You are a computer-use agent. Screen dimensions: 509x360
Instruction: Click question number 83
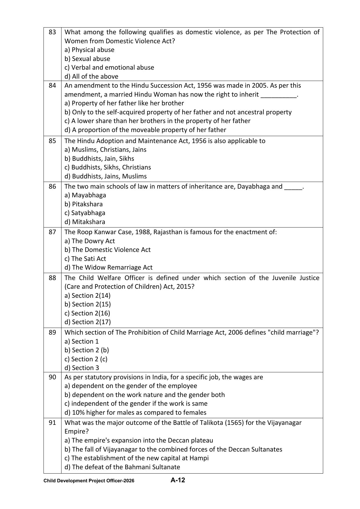click(52, 32)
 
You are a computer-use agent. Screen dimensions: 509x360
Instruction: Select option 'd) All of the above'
click(91, 77)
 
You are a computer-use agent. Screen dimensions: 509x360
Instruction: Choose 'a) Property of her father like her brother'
click(124, 103)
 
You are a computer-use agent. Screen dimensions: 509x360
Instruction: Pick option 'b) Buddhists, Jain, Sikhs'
click(99, 159)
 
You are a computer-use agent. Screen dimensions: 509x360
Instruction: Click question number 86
click(52, 187)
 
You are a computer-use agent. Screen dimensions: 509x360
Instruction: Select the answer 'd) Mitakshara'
click(85, 222)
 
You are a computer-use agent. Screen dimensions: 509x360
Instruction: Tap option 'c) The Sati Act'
click(85, 259)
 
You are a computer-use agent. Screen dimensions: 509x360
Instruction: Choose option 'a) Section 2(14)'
click(87, 296)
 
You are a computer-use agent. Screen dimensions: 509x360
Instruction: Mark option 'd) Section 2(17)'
click(88, 322)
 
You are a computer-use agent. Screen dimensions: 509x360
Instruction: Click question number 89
click(52, 333)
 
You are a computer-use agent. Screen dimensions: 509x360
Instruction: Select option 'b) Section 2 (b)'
click(87, 350)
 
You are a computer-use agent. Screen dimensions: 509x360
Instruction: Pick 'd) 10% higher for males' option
click(135, 413)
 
